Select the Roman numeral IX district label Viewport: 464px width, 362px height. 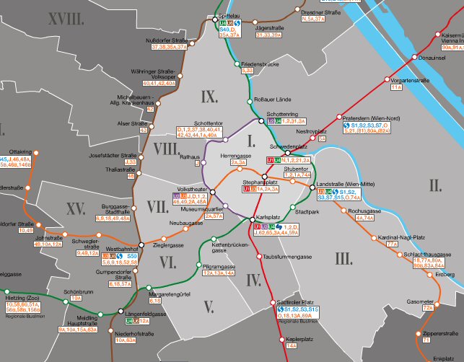pos(209,97)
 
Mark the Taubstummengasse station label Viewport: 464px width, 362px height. pos(288,256)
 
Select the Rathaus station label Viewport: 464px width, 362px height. pos(189,156)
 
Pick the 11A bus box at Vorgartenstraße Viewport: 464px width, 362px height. pos(395,87)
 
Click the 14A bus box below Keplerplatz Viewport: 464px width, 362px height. pos(292,345)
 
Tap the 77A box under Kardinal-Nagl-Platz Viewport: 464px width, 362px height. pos(392,244)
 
